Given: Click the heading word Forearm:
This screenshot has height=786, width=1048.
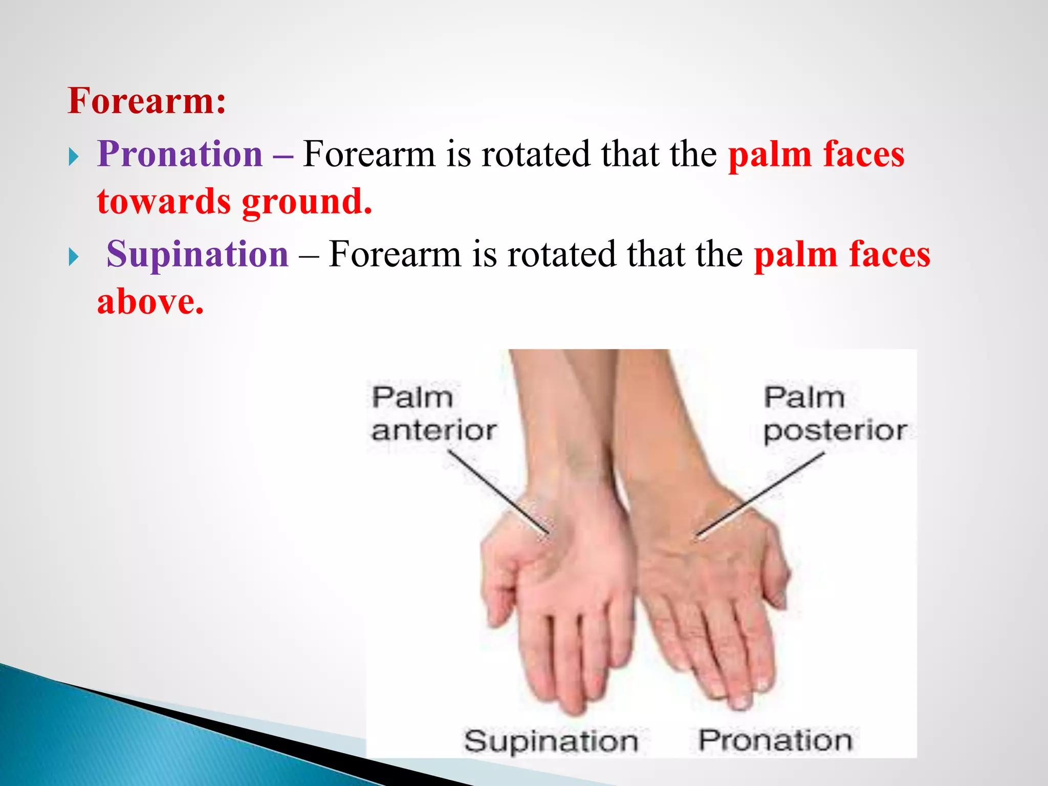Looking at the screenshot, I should click(x=146, y=101).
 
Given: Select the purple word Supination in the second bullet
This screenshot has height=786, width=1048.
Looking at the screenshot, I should click(x=198, y=254).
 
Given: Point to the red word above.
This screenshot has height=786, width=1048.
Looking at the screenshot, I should click(x=150, y=302).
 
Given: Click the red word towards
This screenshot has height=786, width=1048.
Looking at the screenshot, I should click(x=164, y=202).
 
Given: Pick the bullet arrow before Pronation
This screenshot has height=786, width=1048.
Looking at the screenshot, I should click(x=74, y=157).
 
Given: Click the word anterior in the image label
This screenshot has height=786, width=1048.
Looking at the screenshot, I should click(x=433, y=430).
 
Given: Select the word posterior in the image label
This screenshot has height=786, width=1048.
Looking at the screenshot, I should click(x=835, y=431).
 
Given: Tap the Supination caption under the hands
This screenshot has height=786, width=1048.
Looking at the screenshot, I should click(x=551, y=741).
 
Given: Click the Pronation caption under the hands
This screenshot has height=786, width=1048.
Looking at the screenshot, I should click(x=775, y=740).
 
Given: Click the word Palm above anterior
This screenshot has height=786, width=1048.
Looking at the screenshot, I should click(x=412, y=398).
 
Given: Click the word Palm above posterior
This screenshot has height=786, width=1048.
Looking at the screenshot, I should click(x=803, y=398).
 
